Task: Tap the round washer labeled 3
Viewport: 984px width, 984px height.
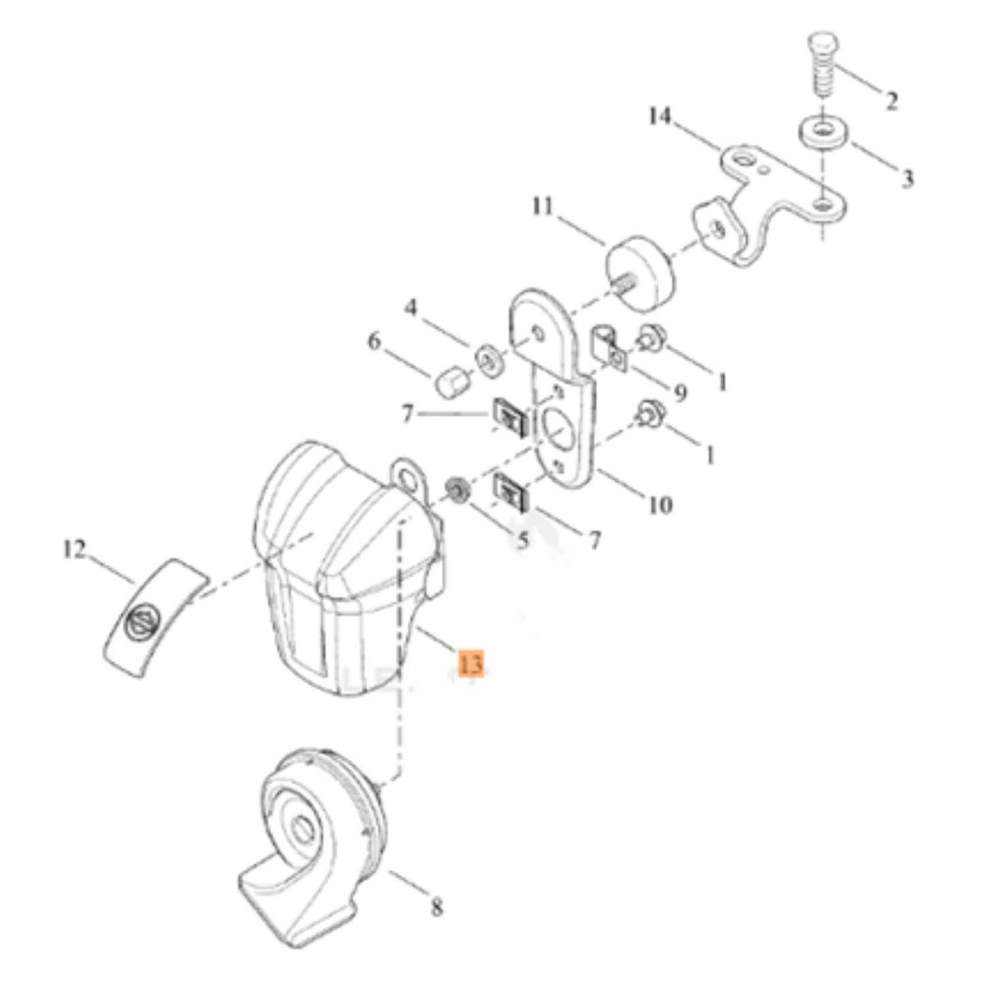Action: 823,133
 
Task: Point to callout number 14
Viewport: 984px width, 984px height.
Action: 659,116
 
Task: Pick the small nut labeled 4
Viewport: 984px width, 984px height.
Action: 490,362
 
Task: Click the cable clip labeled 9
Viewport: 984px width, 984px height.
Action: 609,348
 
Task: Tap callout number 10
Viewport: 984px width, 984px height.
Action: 661,505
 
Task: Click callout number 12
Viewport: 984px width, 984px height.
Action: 74,550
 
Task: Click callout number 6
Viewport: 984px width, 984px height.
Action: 375,341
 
